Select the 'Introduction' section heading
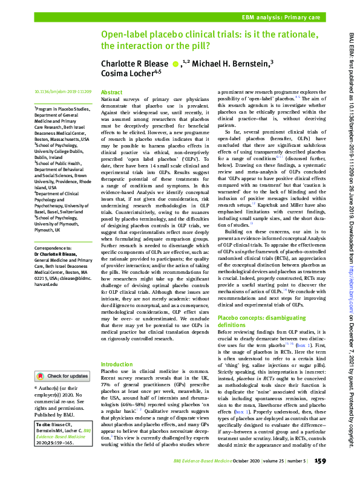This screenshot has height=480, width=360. tap(116, 365)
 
